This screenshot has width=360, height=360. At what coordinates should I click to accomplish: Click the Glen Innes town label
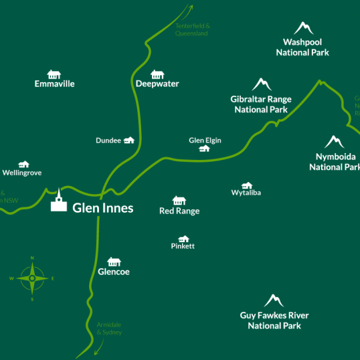pyautogui.click(x=102, y=208)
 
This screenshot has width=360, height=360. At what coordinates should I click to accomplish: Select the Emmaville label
pyautogui.click(x=54, y=84)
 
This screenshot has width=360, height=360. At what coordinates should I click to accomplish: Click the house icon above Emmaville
pyautogui.click(x=54, y=74)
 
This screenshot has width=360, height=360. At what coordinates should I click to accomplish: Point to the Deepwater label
pyautogui.click(x=157, y=84)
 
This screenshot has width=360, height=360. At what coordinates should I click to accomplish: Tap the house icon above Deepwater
pyautogui.click(x=157, y=74)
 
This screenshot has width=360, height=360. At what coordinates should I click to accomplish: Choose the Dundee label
pyautogui.click(x=108, y=141)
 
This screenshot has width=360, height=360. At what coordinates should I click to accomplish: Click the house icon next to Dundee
pyautogui.click(x=129, y=140)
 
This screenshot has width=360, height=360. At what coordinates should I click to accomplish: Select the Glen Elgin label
pyautogui.click(x=205, y=141)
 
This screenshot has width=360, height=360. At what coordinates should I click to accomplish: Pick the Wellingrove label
pyautogui.click(x=22, y=173)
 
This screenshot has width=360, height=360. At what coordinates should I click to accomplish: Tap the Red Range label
pyautogui.click(x=179, y=211)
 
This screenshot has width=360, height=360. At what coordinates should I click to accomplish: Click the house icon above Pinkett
pyautogui.click(x=183, y=238)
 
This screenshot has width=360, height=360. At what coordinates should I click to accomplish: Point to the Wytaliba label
pyautogui.click(x=246, y=193)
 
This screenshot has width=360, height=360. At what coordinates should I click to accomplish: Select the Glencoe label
pyautogui.click(x=114, y=272)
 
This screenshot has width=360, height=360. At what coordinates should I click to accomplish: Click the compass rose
pyautogui.click(x=32, y=278)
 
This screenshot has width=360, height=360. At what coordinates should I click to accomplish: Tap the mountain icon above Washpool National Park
pyautogui.click(x=304, y=28)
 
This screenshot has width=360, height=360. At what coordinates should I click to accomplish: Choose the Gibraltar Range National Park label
pyautogui.click(x=260, y=104)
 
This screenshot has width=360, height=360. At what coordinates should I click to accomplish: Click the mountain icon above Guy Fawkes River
pyautogui.click(x=274, y=300)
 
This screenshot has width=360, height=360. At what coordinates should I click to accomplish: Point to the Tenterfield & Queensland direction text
pyautogui.click(x=192, y=29)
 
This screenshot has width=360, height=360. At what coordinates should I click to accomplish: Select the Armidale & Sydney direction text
pyautogui.click(x=110, y=328)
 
